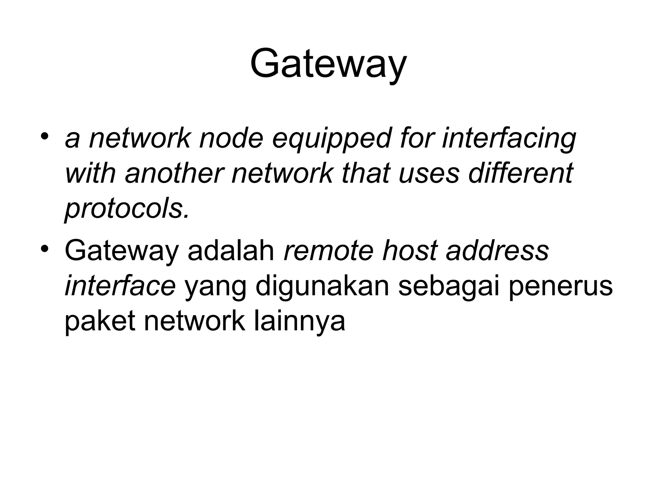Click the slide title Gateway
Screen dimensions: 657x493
[x=328, y=64]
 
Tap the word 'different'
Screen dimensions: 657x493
[x=520, y=174]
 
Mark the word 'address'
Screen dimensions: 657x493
[x=497, y=251]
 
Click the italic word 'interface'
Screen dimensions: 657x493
[x=120, y=286]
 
